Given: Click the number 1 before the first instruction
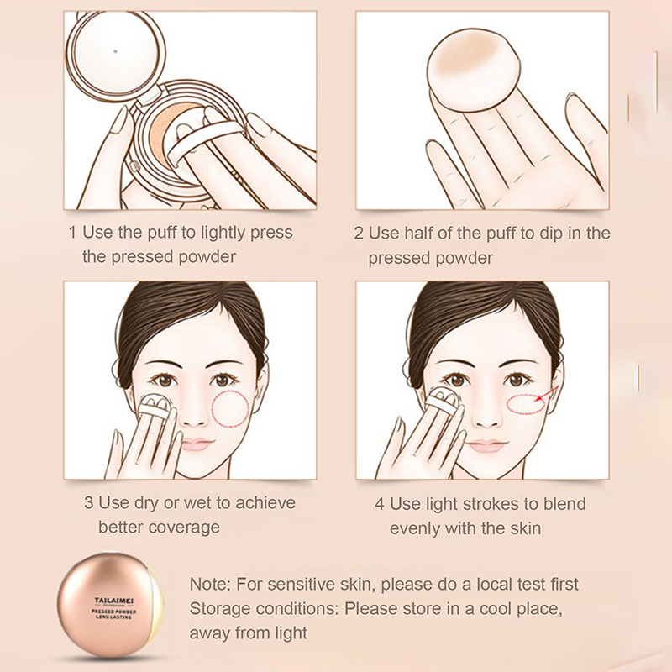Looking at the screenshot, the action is tap(72, 233).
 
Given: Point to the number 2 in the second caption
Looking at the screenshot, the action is tap(359, 234).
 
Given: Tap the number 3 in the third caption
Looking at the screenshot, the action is tap(89, 502).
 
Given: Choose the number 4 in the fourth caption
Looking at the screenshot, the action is tap(380, 504).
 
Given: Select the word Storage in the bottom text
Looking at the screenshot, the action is tap(219, 609).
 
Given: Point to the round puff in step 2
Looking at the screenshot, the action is tap(474, 71).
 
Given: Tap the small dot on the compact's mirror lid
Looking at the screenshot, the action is tap(115, 51).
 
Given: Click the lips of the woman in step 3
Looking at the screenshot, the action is tap(196, 444).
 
